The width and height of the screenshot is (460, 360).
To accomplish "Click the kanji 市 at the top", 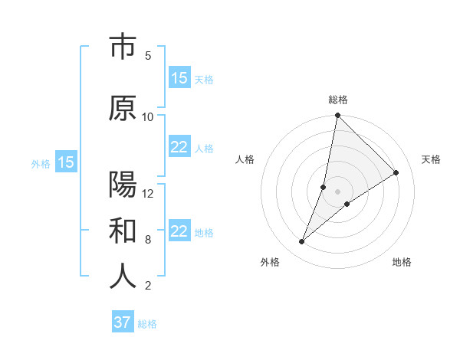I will point(123,48).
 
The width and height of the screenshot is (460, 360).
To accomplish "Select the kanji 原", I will point(123,109).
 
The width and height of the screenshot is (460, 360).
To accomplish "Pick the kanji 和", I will point(123,231).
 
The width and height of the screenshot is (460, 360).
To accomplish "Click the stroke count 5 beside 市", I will point(148,56).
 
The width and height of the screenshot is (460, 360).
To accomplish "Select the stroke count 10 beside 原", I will point(148,117).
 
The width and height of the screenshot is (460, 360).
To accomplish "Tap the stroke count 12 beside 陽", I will point(148,194).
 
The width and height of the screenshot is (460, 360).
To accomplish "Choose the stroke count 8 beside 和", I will point(148,240).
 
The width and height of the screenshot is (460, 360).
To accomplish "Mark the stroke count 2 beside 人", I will point(148,286).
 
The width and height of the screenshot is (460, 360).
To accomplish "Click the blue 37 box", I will point(123,322).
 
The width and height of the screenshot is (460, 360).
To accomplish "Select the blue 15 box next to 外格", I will point(66,162).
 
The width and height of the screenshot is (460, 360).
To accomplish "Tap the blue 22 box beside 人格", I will point(179,147).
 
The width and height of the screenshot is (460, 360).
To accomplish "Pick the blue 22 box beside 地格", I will point(179,231).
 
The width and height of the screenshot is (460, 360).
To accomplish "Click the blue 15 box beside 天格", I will point(179,78).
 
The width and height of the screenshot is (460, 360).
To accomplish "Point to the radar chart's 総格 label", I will point(338,100).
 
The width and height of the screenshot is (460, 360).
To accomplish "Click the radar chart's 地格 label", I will point(402,263).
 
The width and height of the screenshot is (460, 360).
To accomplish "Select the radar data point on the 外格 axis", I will point(302,242).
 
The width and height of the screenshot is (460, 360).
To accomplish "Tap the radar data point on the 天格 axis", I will point(396,172).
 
